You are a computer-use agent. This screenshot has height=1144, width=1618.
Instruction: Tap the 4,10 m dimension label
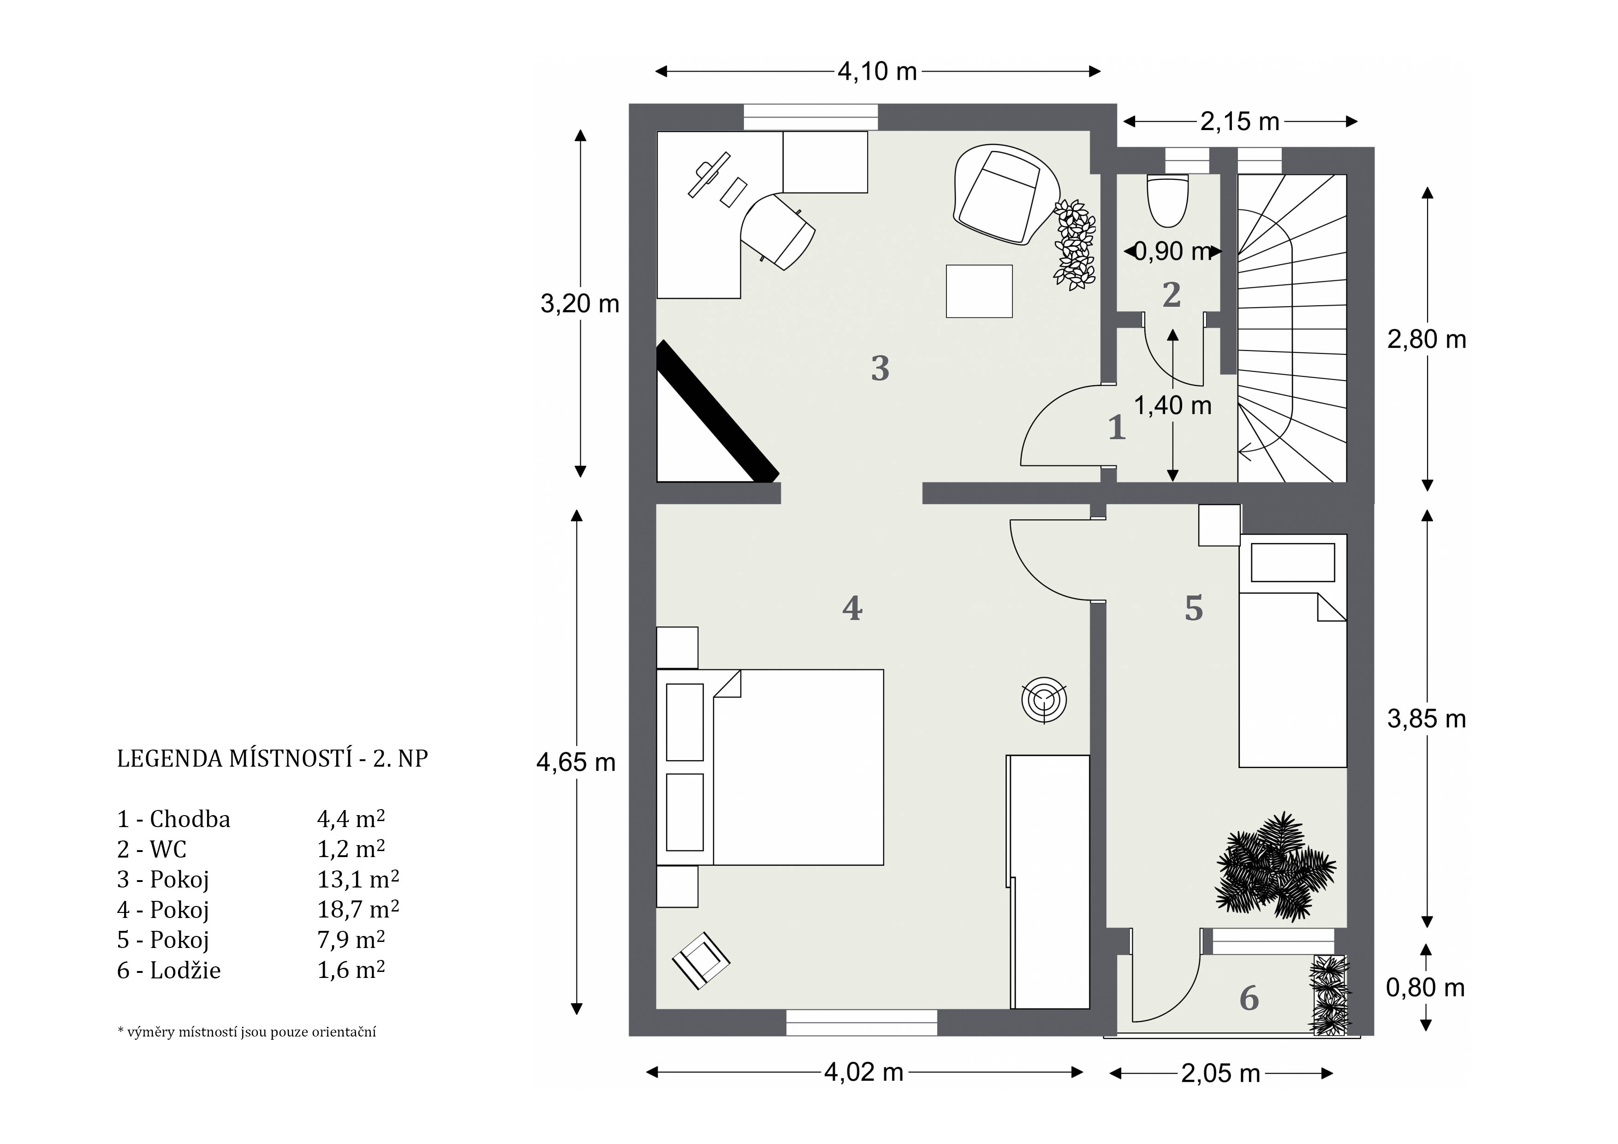click(877, 71)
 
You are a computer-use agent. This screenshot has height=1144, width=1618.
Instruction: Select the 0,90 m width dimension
click(1172, 251)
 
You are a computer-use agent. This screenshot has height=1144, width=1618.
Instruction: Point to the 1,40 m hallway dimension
click(1172, 405)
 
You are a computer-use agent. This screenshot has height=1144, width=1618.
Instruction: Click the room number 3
click(880, 368)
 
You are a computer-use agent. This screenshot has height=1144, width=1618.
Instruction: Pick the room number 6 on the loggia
click(1249, 998)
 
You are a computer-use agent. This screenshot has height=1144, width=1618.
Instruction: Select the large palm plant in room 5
click(1274, 867)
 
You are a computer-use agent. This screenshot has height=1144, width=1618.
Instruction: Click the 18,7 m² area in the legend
click(358, 909)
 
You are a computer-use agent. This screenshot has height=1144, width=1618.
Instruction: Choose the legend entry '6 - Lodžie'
click(169, 971)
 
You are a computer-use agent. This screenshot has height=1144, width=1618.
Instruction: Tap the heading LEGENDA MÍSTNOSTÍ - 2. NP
click(273, 758)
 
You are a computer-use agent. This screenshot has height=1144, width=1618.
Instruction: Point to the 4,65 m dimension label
click(576, 762)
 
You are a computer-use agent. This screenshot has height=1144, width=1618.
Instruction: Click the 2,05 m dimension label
click(1220, 1073)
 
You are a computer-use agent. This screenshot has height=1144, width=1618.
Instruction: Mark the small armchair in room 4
click(701, 960)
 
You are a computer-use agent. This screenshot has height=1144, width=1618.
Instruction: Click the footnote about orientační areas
click(247, 1032)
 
